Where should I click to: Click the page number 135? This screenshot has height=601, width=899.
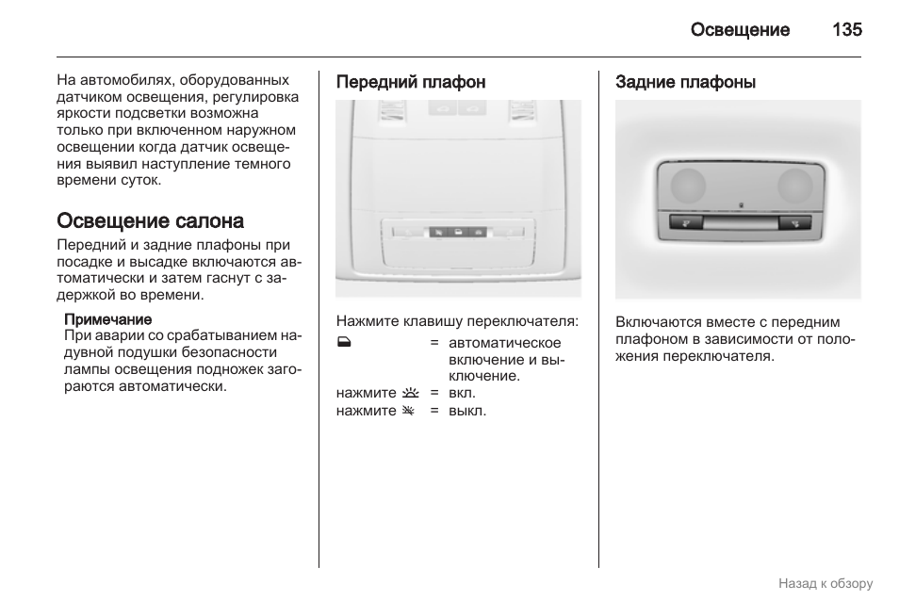[846, 29]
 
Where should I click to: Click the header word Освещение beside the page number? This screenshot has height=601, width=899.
[740, 29]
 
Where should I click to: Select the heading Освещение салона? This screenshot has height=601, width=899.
[150, 221]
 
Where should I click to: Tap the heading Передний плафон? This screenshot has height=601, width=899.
[411, 82]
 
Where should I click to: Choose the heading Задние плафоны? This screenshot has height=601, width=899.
[685, 82]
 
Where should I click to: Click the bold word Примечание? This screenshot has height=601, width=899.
[107, 319]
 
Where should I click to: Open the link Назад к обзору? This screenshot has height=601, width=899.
[825, 583]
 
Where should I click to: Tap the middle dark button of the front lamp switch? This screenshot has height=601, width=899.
[458, 231]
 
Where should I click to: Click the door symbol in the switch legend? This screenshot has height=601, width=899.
[343, 343]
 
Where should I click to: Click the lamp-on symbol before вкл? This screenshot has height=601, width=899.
[409, 393]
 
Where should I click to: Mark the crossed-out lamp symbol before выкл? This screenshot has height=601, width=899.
[409, 411]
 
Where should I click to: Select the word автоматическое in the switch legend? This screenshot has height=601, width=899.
[504, 343]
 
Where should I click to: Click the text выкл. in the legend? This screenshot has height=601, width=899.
[467, 411]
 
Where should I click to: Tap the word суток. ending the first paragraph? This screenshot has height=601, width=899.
[139, 180]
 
